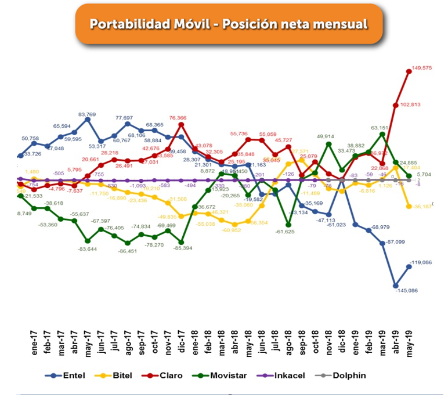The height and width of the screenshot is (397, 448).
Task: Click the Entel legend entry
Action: [x=65, y=376]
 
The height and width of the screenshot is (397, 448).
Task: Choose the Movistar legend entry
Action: [x=222, y=376]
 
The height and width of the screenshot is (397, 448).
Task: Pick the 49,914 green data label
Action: [x=329, y=136]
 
